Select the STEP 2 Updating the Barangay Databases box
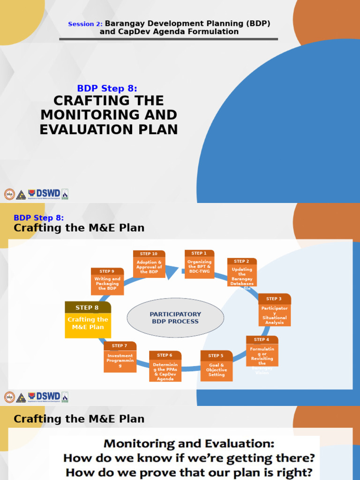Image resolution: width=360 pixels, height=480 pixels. click(242, 275)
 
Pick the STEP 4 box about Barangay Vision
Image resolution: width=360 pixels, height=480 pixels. click(262, 352)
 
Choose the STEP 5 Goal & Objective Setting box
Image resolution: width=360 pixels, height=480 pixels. click(216, 366)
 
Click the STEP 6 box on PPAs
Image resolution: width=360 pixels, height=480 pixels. click(165, 366)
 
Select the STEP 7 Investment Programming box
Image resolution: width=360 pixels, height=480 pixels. click(120, 357)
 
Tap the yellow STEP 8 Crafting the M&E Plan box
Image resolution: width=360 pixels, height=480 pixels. click(88, 320)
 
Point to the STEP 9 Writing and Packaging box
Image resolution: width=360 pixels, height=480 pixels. click(107, 281)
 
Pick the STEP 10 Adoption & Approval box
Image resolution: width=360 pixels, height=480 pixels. click(149, 264)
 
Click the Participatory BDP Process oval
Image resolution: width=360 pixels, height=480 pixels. click(175, 318)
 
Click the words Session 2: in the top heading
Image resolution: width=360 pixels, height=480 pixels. click(85, 24)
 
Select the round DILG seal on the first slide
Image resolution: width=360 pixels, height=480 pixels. click(9, 194)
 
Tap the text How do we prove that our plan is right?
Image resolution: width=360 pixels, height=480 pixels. click(189, 472)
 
